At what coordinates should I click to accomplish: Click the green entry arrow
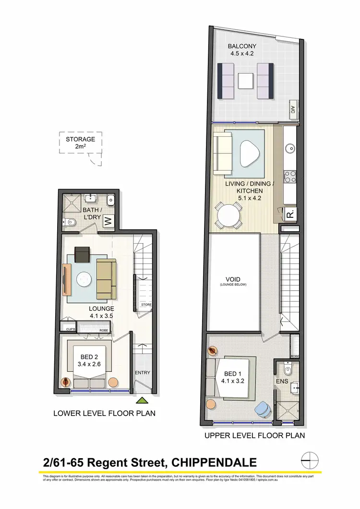point(143,400)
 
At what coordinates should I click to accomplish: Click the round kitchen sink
point(291,147)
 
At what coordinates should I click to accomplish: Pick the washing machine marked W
point(108,222)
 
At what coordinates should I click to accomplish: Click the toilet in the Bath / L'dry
point(69,222)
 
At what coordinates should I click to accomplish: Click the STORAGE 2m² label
point(80,143)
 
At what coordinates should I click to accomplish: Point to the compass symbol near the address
point(310,462)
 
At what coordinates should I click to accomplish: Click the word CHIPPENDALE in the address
point(215,462)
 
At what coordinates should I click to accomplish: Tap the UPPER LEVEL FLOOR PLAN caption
point(254,436)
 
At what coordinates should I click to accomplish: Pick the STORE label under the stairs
point(146,305)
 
